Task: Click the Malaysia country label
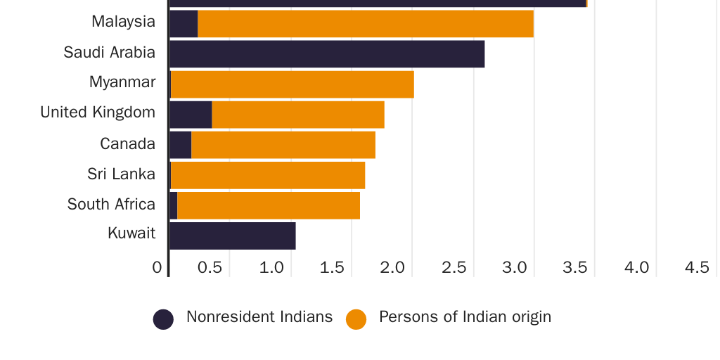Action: click(x=123, y=22)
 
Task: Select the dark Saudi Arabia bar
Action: click(x=327, y=54)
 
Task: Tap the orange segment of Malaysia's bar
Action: click(x=366, y=24)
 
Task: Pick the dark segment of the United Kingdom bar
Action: click(x=191, y=115)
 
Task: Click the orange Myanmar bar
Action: click(x=292, y=84)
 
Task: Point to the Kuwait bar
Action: click(x=233, y=236)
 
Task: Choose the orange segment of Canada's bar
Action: click(x=283, y=145)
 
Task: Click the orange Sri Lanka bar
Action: click(x=268, y=175)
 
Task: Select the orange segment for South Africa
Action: click(x=269, y=205)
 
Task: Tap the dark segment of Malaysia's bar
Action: click(x=184, y=24)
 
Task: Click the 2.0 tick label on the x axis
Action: click(x=392, y=267)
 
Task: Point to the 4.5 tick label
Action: click(x=697, y=267)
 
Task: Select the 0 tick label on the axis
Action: click(x=157, y=267)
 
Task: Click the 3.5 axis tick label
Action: click(x=575, y=267)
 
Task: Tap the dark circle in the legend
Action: click(x=163, y=319)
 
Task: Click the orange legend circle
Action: click(x=356, y=319)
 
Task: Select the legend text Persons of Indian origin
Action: click(x=465, y=317)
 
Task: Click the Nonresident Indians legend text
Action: click(x=259, y=317)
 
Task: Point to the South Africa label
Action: click(x=111, y=205)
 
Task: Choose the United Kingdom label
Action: click(x=98, y=112)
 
